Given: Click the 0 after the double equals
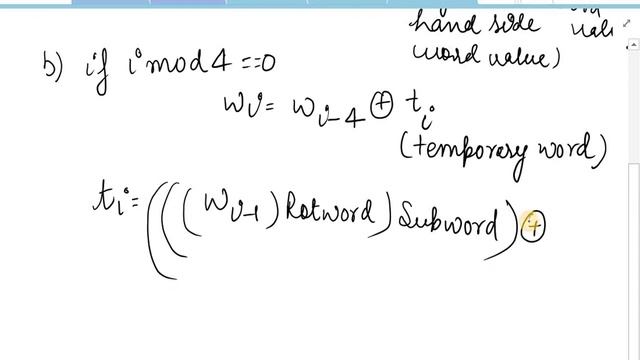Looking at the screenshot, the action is (268, 65).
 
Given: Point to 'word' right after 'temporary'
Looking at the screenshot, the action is (574, 151).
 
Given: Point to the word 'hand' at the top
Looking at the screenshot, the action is (446, 20).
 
